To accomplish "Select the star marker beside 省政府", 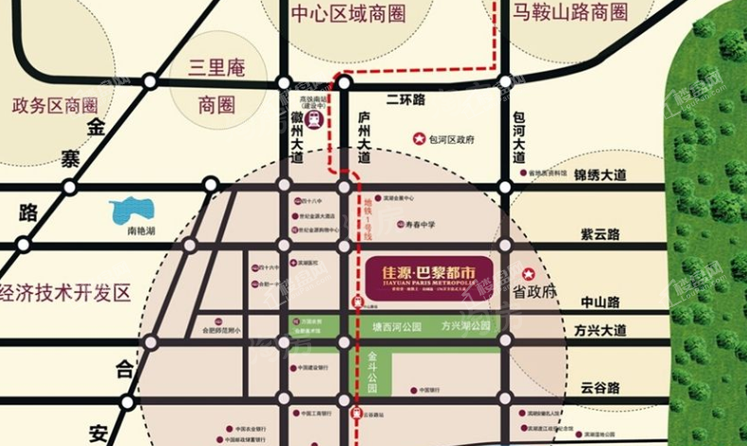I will point(530,274).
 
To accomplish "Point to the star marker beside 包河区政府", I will point(418,139).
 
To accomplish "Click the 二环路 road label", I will point(407,99).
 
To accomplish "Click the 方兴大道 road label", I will point(599,331).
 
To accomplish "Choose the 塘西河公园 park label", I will point(401,326).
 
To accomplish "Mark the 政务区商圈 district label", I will point(55,104).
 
